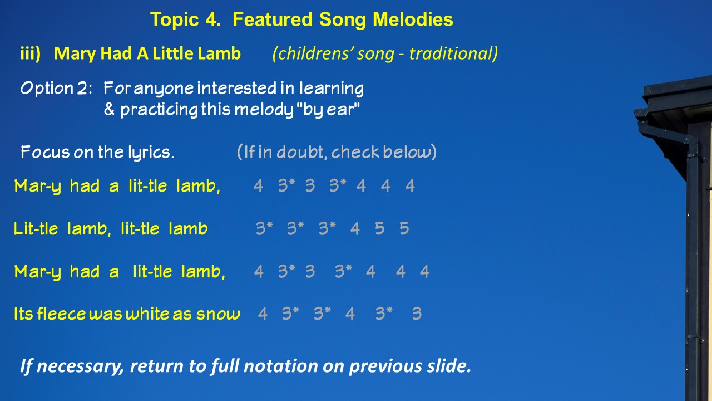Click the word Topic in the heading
tap(174, 19)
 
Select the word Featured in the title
tap(273, 19)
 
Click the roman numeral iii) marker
tap(31, 53)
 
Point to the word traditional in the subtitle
tap(453, 53)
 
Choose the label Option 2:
tap(56, 88)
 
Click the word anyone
tap(164, 89)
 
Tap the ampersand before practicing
tap(110, 109)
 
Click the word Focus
tap(45, 152)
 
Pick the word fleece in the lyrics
tap(61, 314)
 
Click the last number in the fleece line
tap(417, 314)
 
